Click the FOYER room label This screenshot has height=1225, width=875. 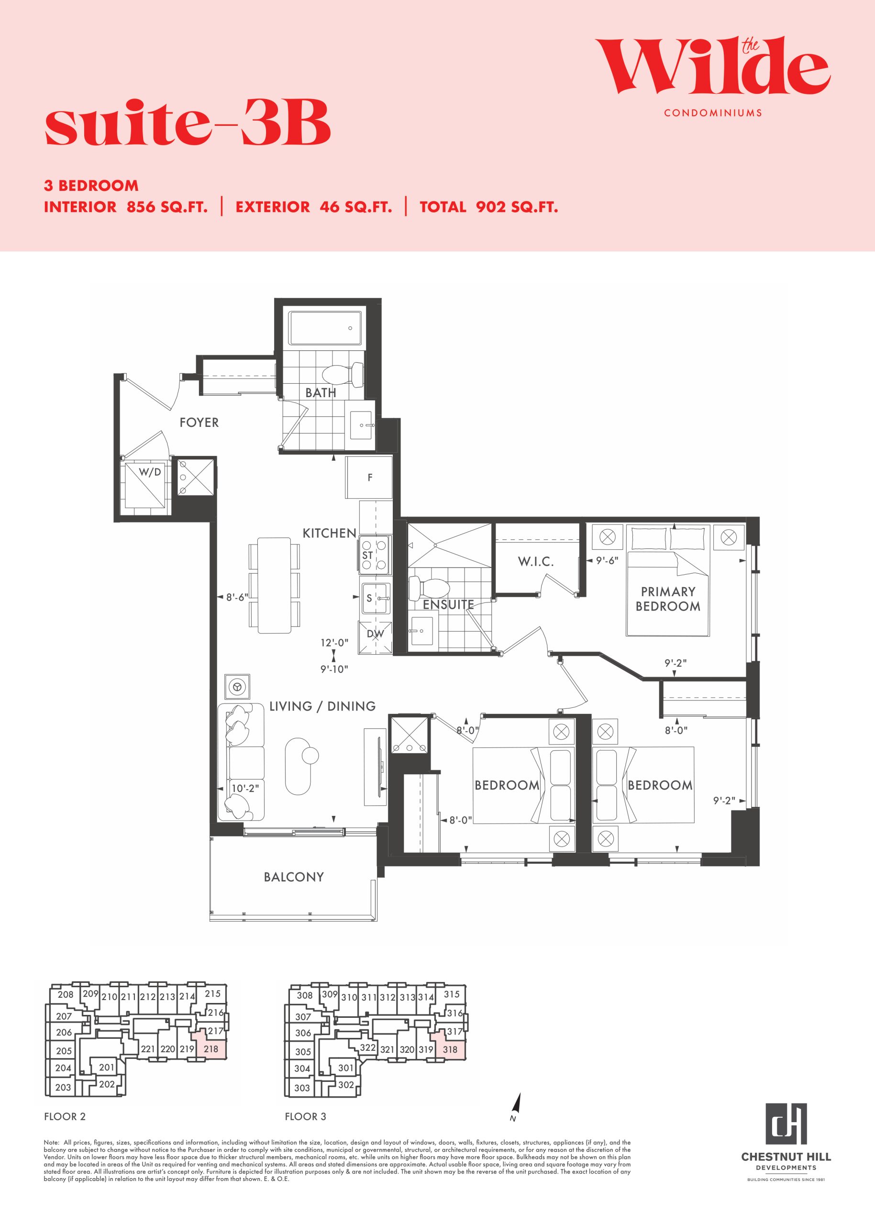point(199,423)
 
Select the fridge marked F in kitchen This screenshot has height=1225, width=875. point(368,478)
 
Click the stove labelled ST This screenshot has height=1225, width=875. point(375,554)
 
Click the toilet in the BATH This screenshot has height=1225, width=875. point(342,374)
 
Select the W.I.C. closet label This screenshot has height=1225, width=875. point(535,562)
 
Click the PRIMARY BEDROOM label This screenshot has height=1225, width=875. point(668,599)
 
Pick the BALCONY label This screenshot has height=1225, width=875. point(294,877)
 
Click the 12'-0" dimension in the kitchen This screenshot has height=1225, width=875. point(334,643)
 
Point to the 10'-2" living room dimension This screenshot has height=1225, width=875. point(245,789)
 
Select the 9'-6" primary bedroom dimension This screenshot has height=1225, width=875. point(607,560)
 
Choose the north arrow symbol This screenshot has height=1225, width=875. point(517,1103)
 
